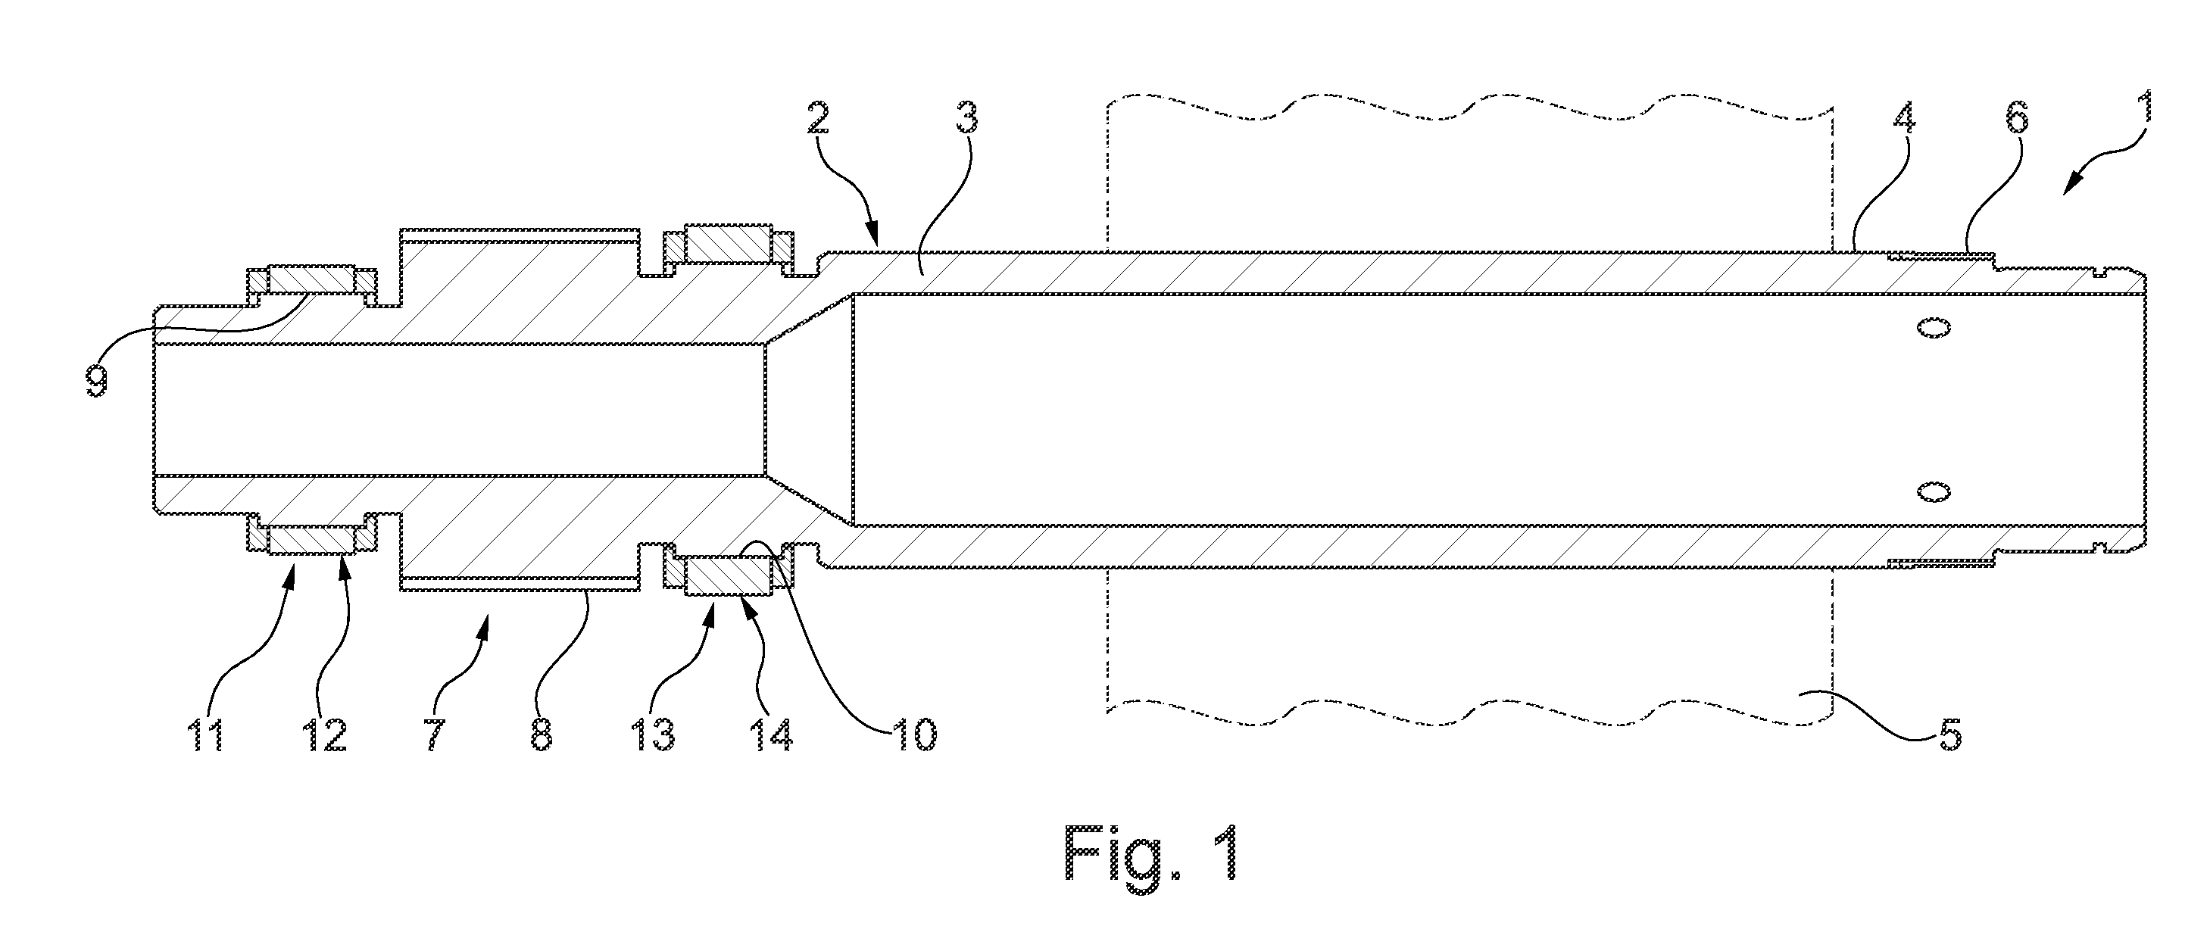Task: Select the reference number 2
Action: pyautogui.click(x=819, y=119)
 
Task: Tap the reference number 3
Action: pyautogui.click(x=967, y=119)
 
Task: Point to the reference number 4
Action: pyautogui.click(x=1905, y=119)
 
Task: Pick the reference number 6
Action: pyautogui.click(x=2016, y=119)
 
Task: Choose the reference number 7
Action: pyautogui.click(x=435, y=736)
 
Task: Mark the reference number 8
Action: pyautogui.click(x=541, y=736)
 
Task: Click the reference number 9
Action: pyautogui.click(x=96, y=378)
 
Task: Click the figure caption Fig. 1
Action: pyautogui.click(x=1152, y=864)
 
